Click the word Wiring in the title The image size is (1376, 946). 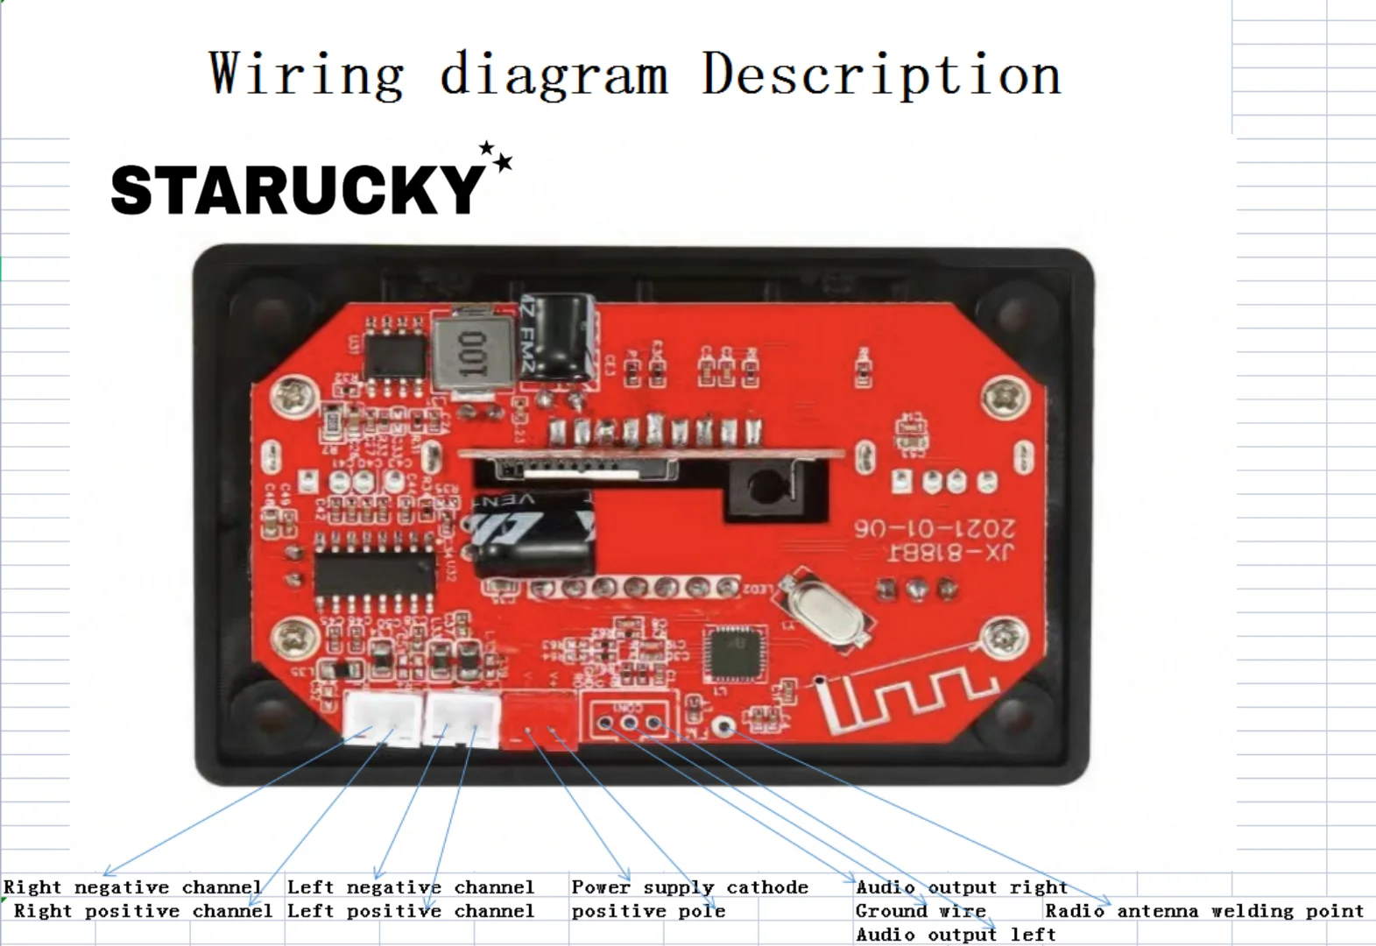pos(307,75)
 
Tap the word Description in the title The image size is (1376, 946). pos(881,75)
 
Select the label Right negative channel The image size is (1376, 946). pos(133,887)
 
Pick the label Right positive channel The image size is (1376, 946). pos(144,911)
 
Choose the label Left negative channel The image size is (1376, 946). pos(410,887)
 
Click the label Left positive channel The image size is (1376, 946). pos(410,911)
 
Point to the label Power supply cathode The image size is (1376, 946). pos(689,887)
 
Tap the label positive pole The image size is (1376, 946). pos(648,911)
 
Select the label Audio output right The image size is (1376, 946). pos(961,887)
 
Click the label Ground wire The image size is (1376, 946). pos(921,911)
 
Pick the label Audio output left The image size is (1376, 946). pos(956,935)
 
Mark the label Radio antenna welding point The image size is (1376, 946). pos(1204,911)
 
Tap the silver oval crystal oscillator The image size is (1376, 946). pos(826,611)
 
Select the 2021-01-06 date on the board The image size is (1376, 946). pos(935,528)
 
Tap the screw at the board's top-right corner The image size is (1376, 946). pos(1004,399)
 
